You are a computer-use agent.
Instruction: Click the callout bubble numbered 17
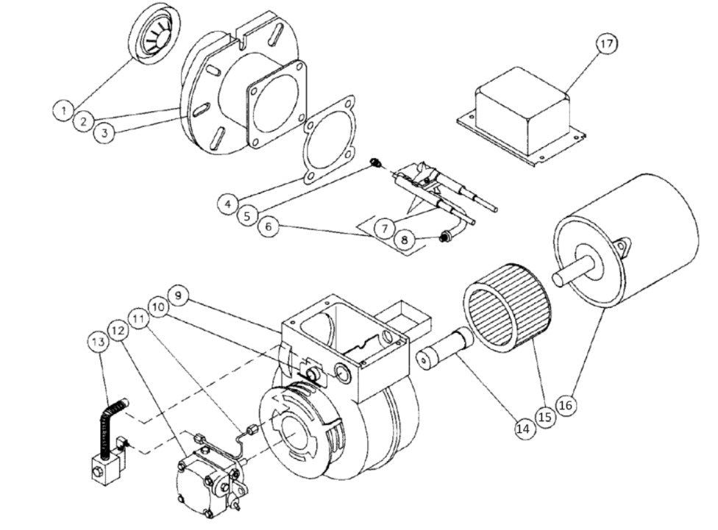pyautogui.click(x=605, y=45)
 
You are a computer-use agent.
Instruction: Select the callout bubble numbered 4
pyautogui.click(x=228, y=200)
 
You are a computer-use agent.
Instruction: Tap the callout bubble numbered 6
pyautogui.click(x=271, y=228)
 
